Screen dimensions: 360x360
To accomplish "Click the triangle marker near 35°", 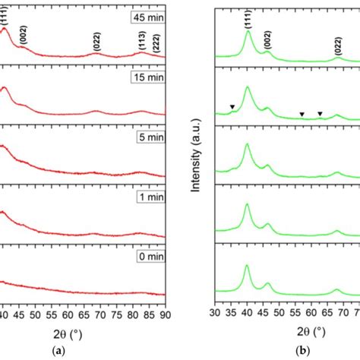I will click(232, 107).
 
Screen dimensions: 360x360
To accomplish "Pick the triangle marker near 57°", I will click(302, 115).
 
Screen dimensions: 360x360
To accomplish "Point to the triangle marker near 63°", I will click(320, 114).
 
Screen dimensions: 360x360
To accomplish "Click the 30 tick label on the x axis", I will click(216, 312).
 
